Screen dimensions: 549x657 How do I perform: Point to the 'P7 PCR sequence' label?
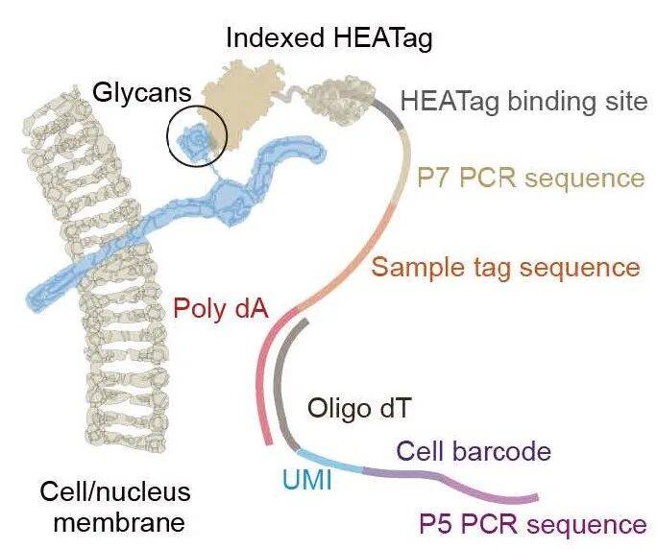click(x=529, y=178)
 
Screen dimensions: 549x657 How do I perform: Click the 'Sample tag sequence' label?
click(x=505, y=265)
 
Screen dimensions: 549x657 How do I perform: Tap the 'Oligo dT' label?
click(x=359, y=408)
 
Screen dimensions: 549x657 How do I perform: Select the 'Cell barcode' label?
click(x=474, y=450)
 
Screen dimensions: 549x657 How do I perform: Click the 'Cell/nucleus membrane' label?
click(x=114, y=508)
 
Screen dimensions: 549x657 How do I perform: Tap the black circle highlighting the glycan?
click(x=196, y=136)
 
